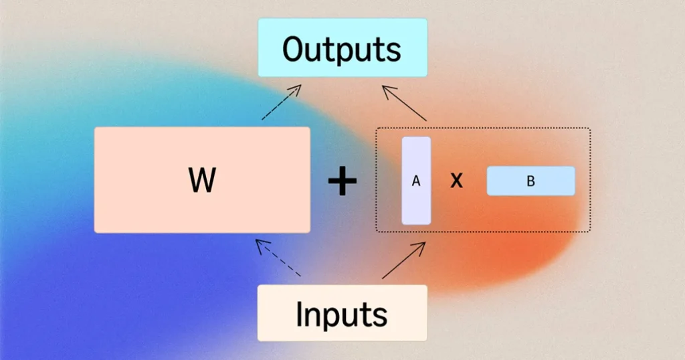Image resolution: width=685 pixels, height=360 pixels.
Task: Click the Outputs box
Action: [342, 48]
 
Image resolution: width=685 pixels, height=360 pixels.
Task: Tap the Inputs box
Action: [342, 312]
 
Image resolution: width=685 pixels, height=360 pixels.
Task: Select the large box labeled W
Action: [202, 180]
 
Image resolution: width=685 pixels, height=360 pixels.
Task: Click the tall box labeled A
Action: [416, 181]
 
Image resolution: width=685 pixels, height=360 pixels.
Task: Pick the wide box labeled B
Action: [530, 181]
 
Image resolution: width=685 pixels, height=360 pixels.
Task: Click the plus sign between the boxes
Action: [342, 180]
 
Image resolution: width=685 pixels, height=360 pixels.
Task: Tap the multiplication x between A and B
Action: [456, 180]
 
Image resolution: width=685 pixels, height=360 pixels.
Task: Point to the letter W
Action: [202, 179]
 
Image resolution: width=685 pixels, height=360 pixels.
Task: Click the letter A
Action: [416, 181]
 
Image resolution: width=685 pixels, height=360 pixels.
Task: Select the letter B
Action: [530, 181]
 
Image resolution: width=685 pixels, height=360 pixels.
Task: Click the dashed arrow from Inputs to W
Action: [278, 258]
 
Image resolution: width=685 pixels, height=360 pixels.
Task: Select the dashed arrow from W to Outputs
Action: [282, 102]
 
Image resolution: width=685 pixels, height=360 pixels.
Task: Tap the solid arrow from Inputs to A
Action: [403, 260]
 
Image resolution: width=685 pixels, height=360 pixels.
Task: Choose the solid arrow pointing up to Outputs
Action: [404, 103]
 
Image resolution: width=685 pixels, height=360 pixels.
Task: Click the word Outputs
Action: [342, 49]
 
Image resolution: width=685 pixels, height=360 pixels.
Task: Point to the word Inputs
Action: [342, 314]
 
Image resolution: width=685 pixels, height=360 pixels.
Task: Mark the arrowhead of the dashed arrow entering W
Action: [260, 245]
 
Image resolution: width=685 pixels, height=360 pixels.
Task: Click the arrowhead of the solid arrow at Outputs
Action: [388, 90]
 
